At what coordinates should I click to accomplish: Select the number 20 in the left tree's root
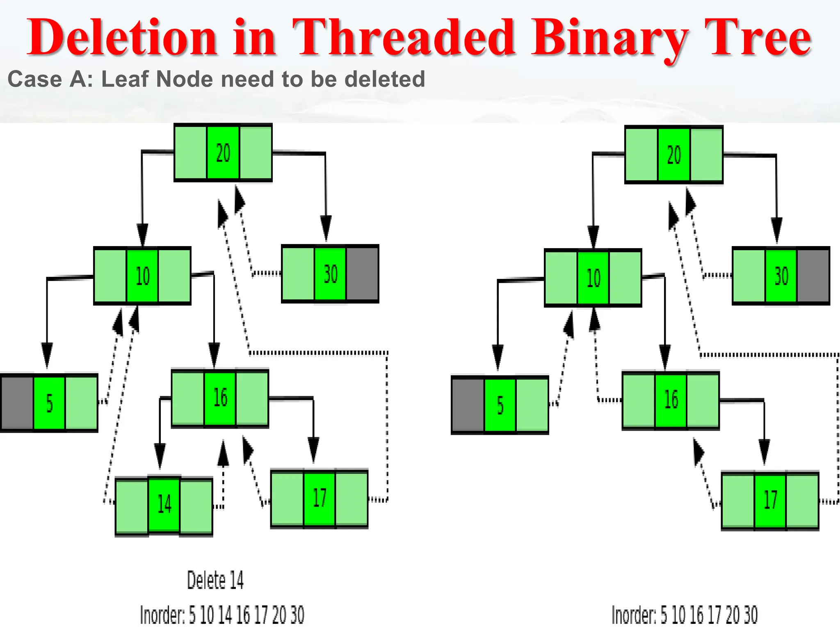[x=223, y=153]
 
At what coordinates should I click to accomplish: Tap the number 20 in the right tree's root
[x=674, y=155]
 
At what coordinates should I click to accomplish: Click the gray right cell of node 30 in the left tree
[x=363, y=274]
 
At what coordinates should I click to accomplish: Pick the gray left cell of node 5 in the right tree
[x=468, y=405]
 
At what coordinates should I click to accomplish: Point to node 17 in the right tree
[x=770, y=500]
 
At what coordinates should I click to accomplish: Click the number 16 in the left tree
[x=220, y=397]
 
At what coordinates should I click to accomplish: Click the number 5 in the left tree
[x=49, y=403]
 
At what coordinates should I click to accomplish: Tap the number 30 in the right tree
[x=781, y=276]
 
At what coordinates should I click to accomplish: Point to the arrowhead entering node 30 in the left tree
[x=326, y=228]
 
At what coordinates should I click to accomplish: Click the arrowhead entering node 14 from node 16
[x=160, y=455]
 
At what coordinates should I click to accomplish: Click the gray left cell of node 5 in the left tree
[x=17, y=403]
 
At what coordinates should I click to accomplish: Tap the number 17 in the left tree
[x=320, y=498]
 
